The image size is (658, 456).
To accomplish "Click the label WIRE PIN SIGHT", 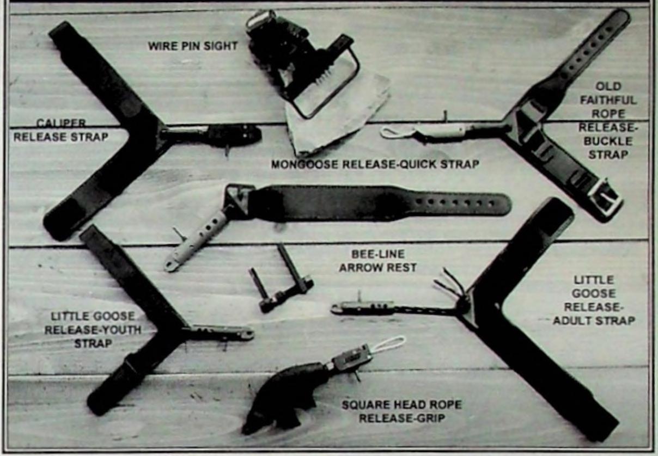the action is coord(192,46).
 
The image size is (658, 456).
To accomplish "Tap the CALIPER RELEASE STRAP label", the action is coord(60,130).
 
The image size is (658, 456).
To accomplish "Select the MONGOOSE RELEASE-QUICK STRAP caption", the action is coord(375,164).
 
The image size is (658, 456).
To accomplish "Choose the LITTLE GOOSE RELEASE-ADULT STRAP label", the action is coord(594,300).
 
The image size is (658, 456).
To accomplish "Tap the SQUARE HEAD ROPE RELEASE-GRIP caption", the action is coord(401,411).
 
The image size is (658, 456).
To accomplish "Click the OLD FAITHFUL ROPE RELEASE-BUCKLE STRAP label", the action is coord(607,120).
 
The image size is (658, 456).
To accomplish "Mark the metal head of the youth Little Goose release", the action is coord(223,332).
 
